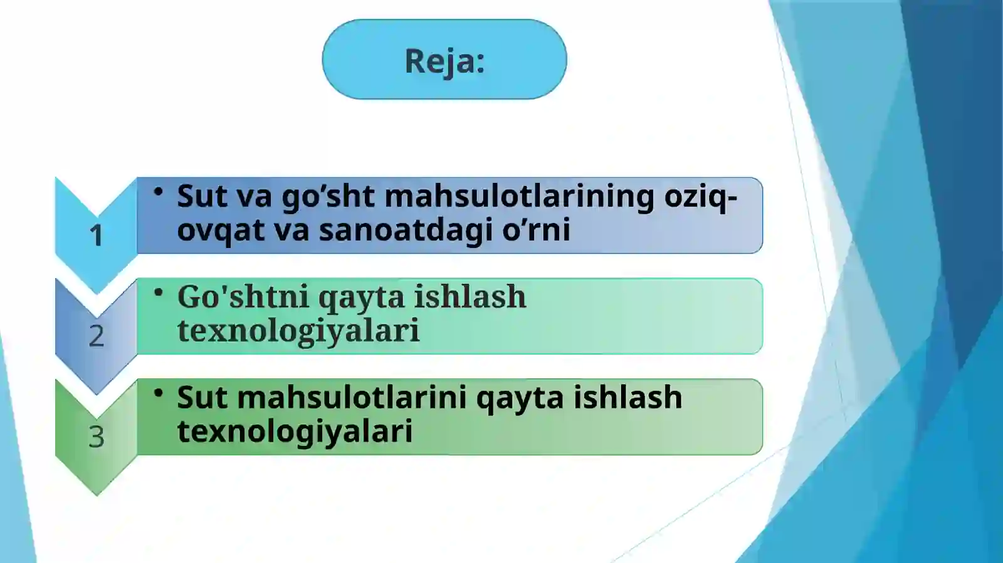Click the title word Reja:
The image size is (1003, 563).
pos(444,61)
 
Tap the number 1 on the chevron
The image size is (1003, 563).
pos(96,236)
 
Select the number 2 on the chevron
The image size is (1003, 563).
pos(96,336)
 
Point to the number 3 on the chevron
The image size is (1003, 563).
pos(96,436)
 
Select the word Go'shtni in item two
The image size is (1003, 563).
pos(243,297)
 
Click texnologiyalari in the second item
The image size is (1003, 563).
pos(298,331)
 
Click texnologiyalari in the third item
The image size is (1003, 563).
pos(295,431)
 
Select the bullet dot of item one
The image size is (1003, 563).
pos(159,192)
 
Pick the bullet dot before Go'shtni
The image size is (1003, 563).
pos(159,292)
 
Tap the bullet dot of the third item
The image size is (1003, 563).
pos(159,393)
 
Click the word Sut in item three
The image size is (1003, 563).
pos(202,398)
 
